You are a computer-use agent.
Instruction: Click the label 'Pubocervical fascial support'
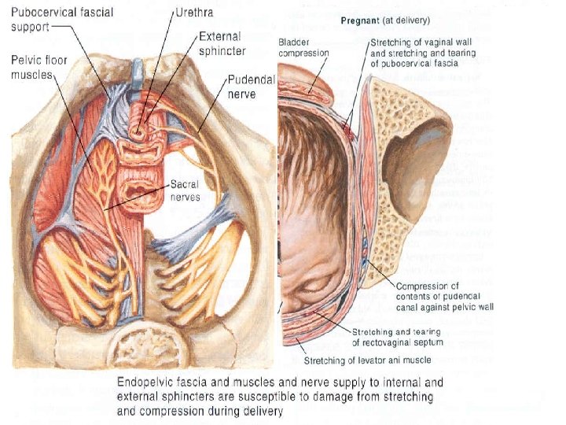[51, 19]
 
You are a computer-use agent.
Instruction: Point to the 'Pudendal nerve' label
[248, 86]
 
